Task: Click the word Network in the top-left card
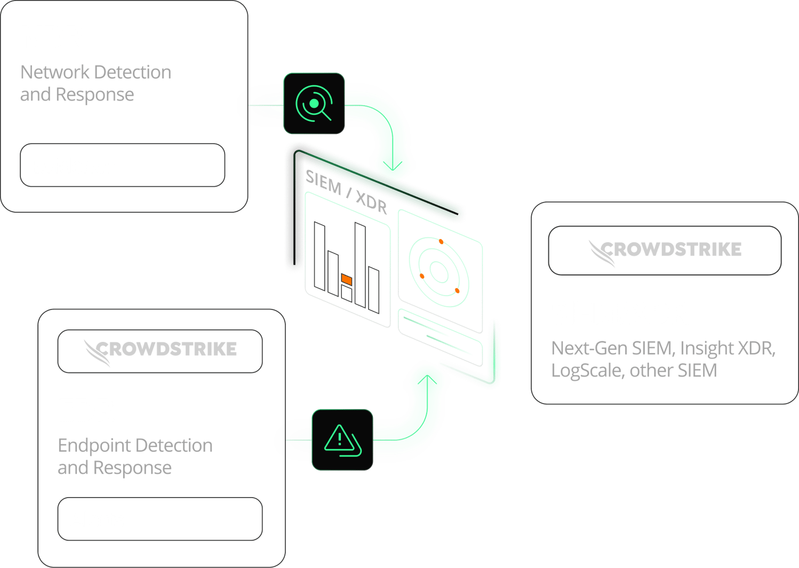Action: click(55, 72)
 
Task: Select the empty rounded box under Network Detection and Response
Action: click(122, 165)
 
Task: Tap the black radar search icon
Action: click(314, 103)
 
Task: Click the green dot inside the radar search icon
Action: click(314, 103)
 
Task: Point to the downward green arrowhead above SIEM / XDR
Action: click(393, 166)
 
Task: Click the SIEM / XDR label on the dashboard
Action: click(346, 192)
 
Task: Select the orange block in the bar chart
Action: click(347, 279)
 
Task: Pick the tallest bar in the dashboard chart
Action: click(360, 265)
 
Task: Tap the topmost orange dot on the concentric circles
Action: click(441, 242)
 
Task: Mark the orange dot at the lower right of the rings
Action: click(457, 291)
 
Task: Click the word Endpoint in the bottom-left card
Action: click(94, 446)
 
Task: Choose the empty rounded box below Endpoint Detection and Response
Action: click(160, 519)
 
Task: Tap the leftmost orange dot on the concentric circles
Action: click(422, 276)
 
